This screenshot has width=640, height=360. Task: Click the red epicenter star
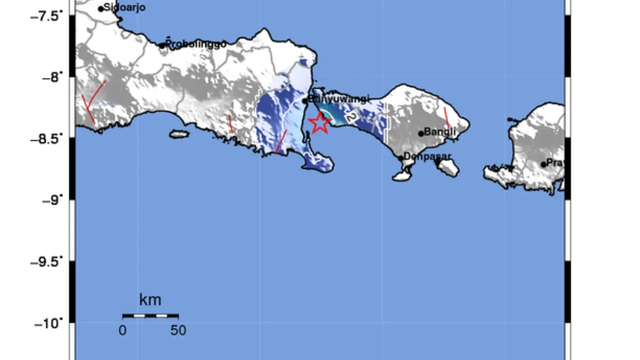point(320,123)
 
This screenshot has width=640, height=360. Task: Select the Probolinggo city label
point(196,44)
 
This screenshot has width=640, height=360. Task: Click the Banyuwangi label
point(339,99)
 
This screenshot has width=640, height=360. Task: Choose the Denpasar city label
point(428,156)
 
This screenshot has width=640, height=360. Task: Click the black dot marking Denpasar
point(401,158)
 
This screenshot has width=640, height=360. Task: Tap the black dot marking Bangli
point(421,133)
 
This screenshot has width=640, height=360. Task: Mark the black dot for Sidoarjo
point(101,9)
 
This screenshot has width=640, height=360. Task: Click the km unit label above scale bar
point(150,300)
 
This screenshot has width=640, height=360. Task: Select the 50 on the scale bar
point(178,331)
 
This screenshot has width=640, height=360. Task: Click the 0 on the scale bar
point(123,331)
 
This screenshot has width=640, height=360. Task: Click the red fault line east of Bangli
point(446,117)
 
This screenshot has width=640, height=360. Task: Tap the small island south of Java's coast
point(179,134)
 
